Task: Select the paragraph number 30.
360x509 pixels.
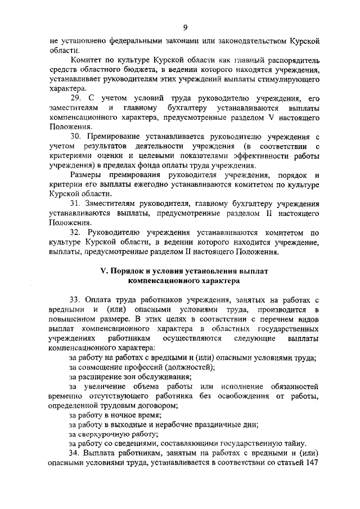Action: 75,137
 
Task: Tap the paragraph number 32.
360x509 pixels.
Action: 75,232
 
